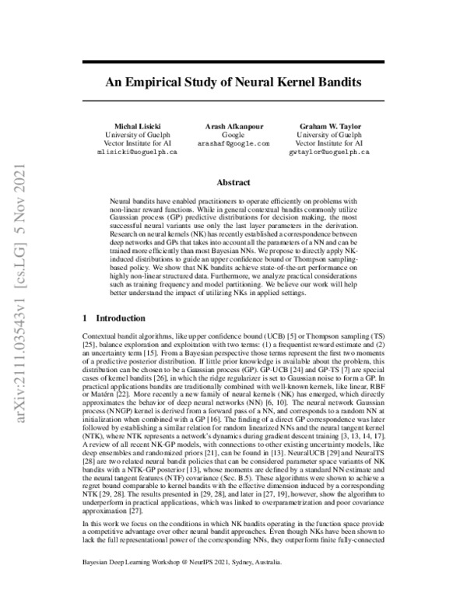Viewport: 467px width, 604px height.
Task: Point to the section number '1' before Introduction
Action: point(85,318)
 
